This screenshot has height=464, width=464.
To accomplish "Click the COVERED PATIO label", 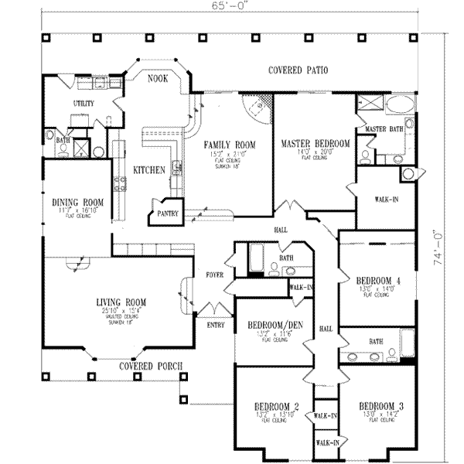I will coord(298,70).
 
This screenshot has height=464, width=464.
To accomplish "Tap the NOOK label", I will coord(159,78).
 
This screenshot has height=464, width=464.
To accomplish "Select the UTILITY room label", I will coord(84,102).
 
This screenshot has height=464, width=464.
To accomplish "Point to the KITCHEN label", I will coord(148,170).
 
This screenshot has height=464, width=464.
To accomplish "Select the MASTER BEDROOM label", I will coord(316,144).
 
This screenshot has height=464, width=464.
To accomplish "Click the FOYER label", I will coord(214,274).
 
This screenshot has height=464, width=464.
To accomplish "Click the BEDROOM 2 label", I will coord(276,406).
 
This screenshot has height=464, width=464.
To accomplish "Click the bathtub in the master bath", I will coord(402,104).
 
